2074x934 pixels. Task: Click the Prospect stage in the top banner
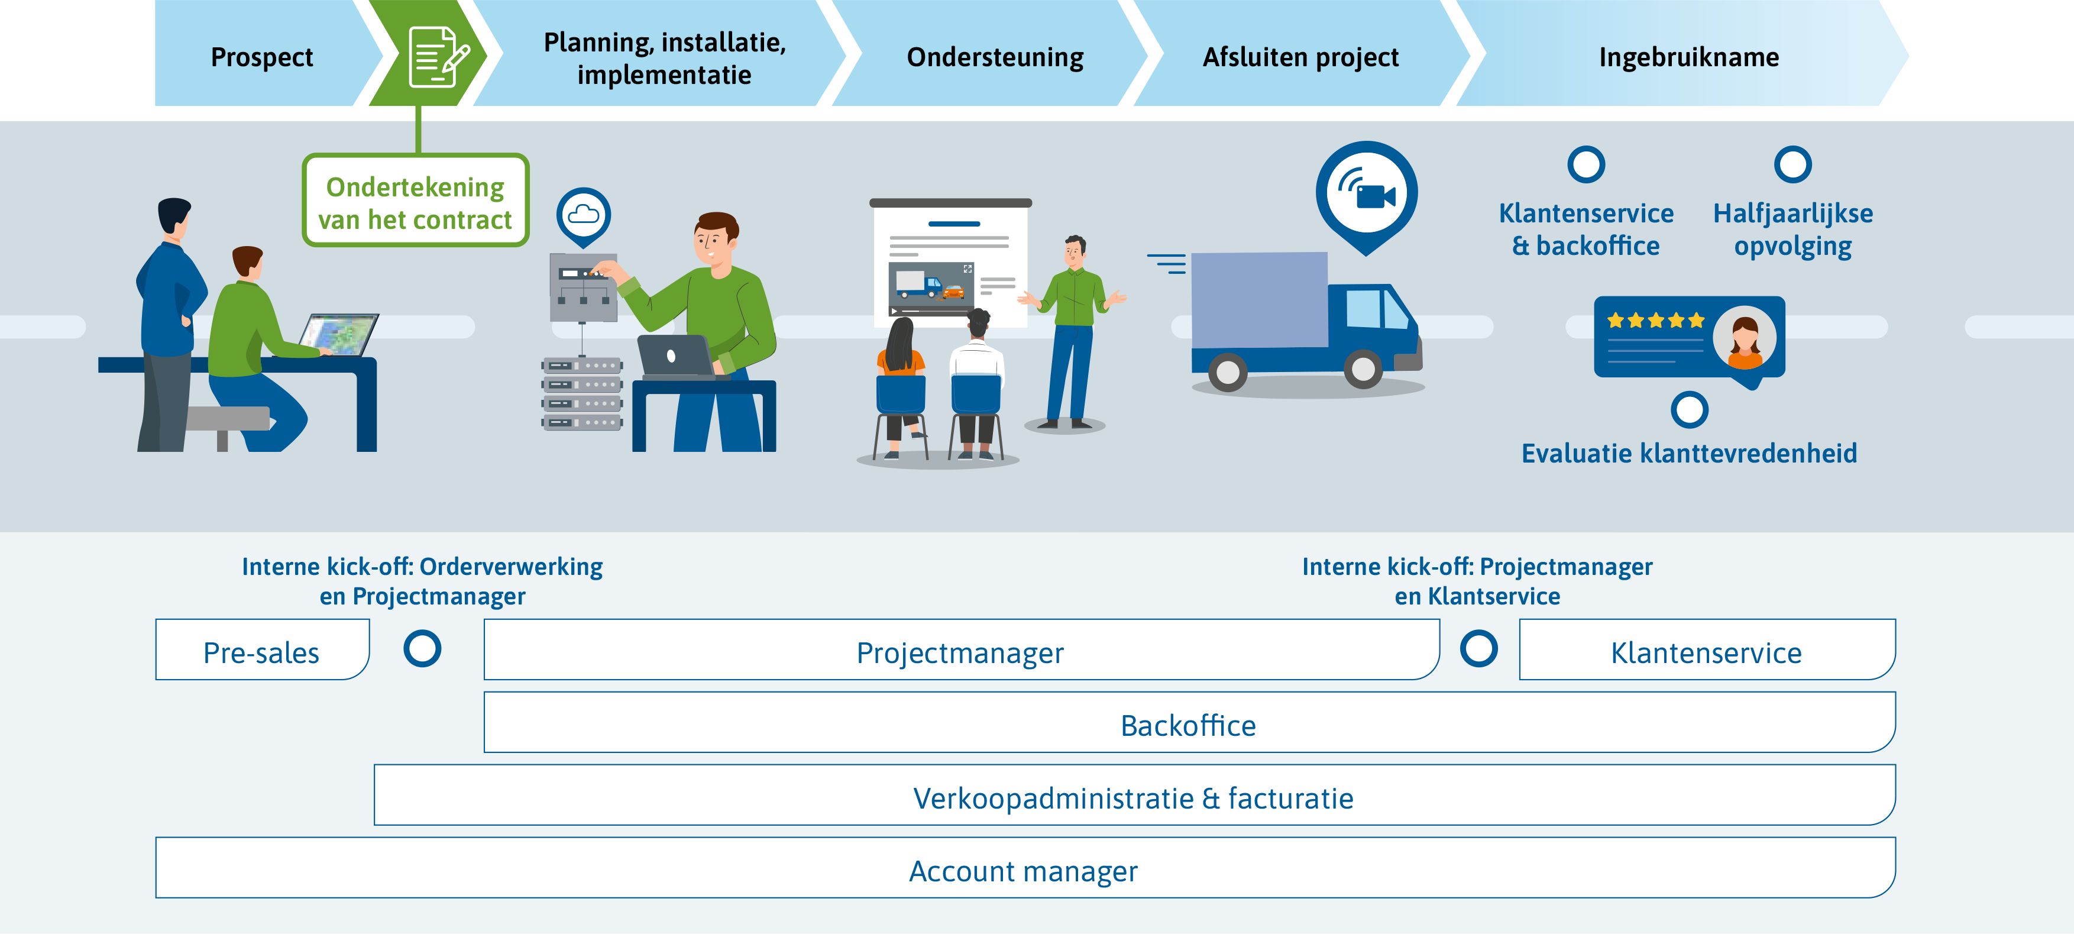point(261,57)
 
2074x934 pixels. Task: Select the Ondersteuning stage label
point(995,57)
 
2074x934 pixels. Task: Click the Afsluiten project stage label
point(1300,57)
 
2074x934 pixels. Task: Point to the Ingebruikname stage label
point(1688,57)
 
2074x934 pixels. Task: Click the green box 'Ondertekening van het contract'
point(415,201)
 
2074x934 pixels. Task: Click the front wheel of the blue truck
point(1363,369)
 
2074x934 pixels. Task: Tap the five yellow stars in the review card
point(1655,321)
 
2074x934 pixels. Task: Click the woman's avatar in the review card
point(1744,338)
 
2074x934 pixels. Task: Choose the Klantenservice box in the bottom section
point(1707,649)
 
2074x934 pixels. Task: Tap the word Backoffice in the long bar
point(1188,725)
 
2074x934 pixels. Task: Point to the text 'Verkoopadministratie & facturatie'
point(1134,799)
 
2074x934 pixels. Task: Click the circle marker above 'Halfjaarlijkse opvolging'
point(1793,164)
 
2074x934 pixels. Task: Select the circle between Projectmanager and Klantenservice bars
point(1479,648)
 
